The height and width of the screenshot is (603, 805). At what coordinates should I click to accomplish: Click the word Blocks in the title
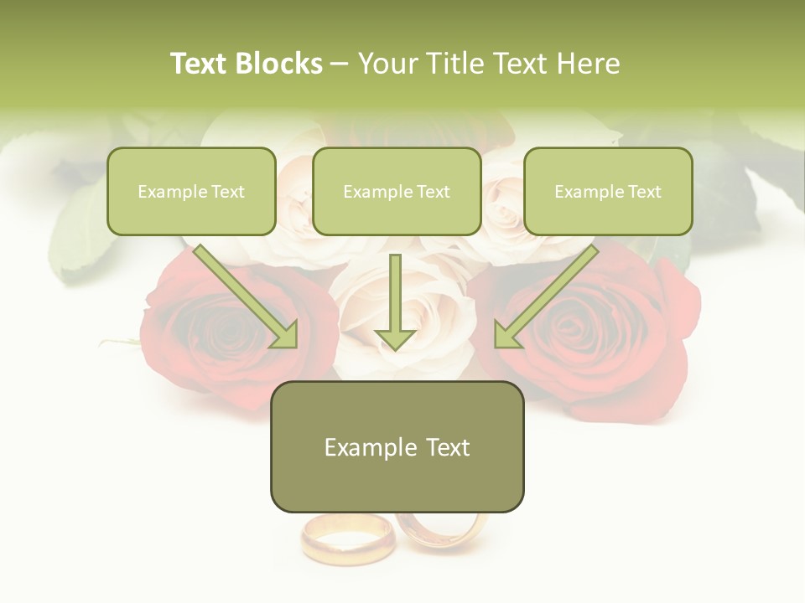point(279,64)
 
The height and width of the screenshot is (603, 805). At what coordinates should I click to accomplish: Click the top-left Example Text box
point(191,192)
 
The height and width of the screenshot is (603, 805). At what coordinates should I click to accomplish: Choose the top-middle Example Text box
point(397,192)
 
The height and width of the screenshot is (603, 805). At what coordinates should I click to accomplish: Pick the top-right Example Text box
point(608,192)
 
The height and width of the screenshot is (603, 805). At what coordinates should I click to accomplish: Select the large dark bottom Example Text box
point(397,447)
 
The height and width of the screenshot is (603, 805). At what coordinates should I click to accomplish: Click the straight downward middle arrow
point(395,301)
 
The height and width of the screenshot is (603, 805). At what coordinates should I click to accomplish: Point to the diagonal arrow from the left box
point(247,297)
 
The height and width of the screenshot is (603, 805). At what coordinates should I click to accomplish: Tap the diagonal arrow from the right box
point(545,297)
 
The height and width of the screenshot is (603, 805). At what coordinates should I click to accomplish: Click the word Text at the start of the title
point(199,64)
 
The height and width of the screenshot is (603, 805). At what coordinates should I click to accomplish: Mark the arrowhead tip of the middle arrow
point(395,348)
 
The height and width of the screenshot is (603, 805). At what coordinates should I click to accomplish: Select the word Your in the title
point(387,64)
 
